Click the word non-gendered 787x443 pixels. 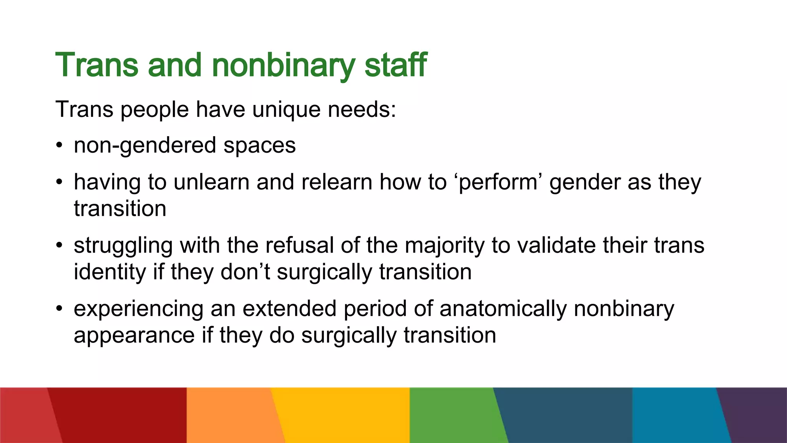coord(145,146)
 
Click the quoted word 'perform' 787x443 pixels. coord(498,183)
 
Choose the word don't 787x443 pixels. coord(246,272)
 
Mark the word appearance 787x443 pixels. coord(134,335)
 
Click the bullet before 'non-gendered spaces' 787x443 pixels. coord(58,146)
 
